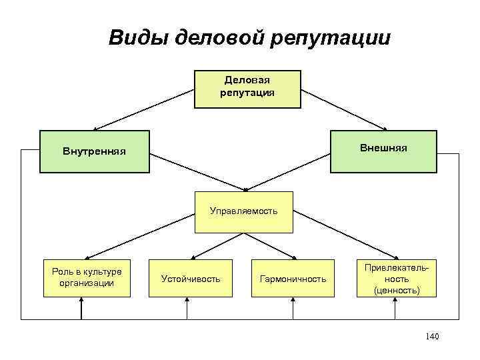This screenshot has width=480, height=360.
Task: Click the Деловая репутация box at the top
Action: pyautogui.click(x=247, y=89)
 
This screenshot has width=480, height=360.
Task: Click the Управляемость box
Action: pyautogui.click(x=243, y=212)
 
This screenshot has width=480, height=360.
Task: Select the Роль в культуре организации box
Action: pyautogui.click(x=82, y=277)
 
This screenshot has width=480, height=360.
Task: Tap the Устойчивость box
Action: pyautogui.click(x=191, y=278)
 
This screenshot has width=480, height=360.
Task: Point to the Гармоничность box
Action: pyautogui.click(x=293, y=278)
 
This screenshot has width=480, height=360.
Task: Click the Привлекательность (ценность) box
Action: pyautogui.click(x=397, y=278)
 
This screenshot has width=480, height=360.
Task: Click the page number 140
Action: pyautogui.click(x=431, y=336)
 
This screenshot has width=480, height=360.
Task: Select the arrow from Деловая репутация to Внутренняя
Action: pyautogui.click(x=143, y=109)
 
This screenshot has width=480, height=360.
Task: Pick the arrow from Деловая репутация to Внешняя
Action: pyautogui.click(x=345, y=109)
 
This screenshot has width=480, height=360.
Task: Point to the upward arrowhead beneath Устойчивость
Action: pyautogui.click(x=187, y=301)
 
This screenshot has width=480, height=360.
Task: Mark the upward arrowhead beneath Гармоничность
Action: pyautogui.click(x=294, y=301)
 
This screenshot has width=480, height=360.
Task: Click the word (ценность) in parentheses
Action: pyautogui.click(x=397, y=290)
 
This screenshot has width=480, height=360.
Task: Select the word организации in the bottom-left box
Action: pyautogui.click(x=82, y=283)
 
